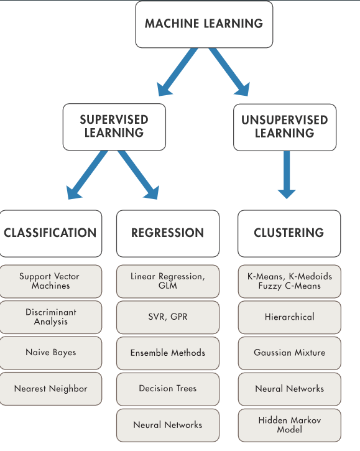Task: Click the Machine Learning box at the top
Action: click(x=204, y=24)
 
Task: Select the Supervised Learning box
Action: click(x=114, y=127)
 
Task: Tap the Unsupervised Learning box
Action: click(x=285, y=127)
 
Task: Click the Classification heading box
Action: click(x=50, y=233)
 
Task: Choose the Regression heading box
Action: click(x=168, y=233)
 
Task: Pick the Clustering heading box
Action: click(x=289, y=233)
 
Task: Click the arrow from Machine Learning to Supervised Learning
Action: click(x=177, y=73)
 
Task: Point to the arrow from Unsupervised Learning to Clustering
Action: click(x=287, y=175)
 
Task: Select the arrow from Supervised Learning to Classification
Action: click(x=86, y=175)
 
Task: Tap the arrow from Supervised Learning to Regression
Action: click(x=139, y=175)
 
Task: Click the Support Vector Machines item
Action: click(x=50, y=281)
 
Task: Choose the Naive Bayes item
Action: click(x=50, y=353)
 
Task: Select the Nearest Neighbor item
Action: click(x=50, y=389)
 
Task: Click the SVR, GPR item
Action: click(x=168, y=317)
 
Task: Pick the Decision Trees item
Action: click(x=168, y=389)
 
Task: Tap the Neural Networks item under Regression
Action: click(x=168, y=425)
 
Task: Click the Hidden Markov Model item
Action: click(x=290, y=425)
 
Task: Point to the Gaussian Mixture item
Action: click(x=290, y=353)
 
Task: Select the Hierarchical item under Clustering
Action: click(x=290, y=317)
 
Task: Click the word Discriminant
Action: click(x=51, y=312)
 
